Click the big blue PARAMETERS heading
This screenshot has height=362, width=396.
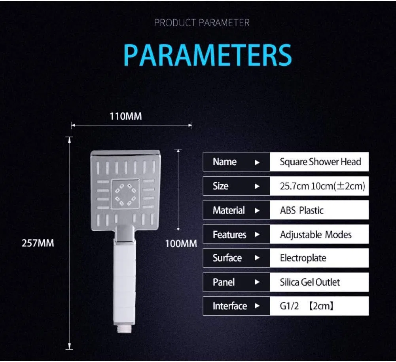point(208,55)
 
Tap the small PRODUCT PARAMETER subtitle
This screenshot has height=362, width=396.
point(202,23)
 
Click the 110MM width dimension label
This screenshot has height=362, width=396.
point(126,116)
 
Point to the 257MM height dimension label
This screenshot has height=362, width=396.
point(38,243)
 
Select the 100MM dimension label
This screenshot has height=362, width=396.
point(181,244)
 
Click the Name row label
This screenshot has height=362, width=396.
point(225,162)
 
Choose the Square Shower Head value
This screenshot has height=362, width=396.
point(320,162)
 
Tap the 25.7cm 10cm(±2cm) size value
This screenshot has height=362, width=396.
point(322,186)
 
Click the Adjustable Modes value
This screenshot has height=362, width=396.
point(316,234)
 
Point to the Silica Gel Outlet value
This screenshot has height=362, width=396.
point(310,282)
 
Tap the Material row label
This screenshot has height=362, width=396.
point(229,210)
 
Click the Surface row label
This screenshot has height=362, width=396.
point(227,258)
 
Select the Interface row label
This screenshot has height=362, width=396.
point(230,306)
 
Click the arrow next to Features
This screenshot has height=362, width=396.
point(257,234)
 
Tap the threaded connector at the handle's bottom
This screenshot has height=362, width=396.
point(124,329)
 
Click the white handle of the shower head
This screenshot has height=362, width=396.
point(124,283)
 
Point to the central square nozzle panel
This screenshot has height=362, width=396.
point(125,194)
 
